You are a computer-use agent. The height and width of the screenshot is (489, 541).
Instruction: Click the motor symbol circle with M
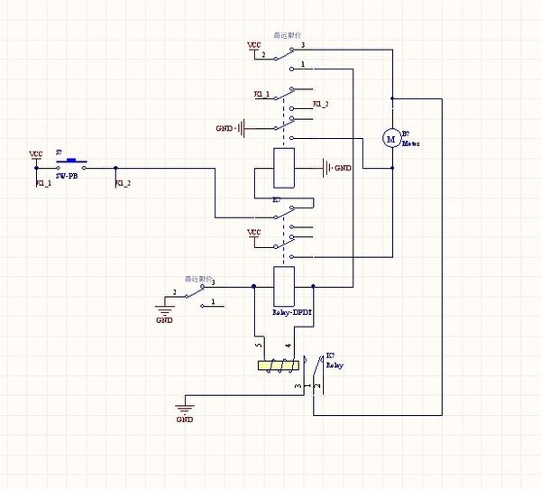click(x=391, y=138)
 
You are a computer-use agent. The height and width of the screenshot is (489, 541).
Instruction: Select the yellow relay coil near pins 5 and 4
click(x=277, y=366)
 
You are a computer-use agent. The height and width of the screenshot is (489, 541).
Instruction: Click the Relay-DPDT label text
click(x=291, y=312)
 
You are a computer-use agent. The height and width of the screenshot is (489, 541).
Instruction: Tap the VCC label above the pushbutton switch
click(x=36, y=154)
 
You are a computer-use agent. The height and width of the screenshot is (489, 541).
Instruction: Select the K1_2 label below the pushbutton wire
click(x=123, y=184)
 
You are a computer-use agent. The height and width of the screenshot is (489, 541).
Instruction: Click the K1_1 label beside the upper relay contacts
click(x=261, y=94)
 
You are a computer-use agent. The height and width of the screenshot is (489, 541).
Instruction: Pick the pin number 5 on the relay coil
click(x=259, y=345)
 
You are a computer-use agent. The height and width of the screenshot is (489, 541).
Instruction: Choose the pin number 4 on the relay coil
click(x=287, y=345)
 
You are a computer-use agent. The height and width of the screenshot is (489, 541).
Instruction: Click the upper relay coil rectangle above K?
click(x=284, y=167)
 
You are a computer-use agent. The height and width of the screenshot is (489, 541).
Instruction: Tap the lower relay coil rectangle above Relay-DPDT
click(x=283, y=286)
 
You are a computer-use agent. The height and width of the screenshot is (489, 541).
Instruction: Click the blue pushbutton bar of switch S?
click(x=70, y=163)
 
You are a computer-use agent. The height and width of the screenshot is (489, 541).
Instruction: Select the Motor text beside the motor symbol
click(x=411, y=143)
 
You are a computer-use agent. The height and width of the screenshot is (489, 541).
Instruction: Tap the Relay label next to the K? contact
click(x=334, y=366)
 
